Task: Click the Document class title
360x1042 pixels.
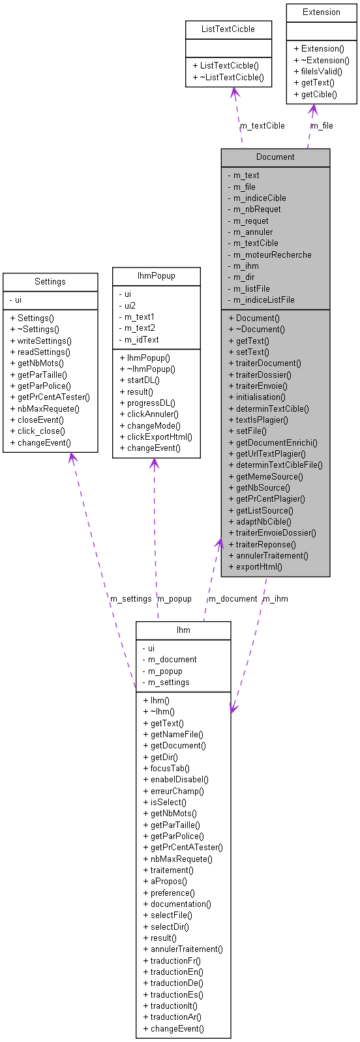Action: (x=275, y=157)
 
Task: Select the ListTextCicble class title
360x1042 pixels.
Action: (x=228, y=29)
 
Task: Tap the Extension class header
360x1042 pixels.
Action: (x=322, y=12)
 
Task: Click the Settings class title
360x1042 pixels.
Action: (x=50, y=282)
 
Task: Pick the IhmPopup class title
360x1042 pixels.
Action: (x=157, y=276)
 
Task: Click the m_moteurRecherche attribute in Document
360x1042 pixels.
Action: (x=273, y=254)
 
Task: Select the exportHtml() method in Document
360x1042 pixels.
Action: (x=259, y=566)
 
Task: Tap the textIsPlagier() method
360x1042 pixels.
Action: (x=262, y=420)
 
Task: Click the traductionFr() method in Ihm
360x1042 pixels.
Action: (x=175, y=960)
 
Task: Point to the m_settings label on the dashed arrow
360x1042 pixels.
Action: (x=130, y=598)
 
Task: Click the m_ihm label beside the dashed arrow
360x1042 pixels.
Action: (x=275, y=598)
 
